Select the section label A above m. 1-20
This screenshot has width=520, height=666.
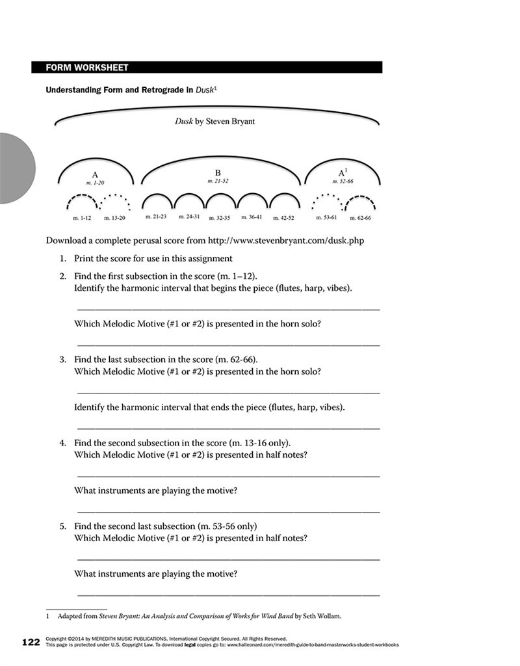coord(95,174)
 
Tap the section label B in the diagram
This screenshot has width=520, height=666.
coord(218,172)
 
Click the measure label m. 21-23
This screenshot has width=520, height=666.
coord(156,216)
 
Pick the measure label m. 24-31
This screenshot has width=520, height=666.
coord(188,216)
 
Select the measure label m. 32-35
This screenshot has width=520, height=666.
coord(219,217)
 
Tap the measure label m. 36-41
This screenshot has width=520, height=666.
coord(252,217)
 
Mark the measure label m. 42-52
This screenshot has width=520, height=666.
coord(284,217)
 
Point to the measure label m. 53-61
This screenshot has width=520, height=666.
coord(325,217)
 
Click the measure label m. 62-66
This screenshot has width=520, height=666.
coord(361,217)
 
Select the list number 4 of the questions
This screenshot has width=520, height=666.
coord(63,443)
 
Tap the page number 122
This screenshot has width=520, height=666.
coord(31,643)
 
